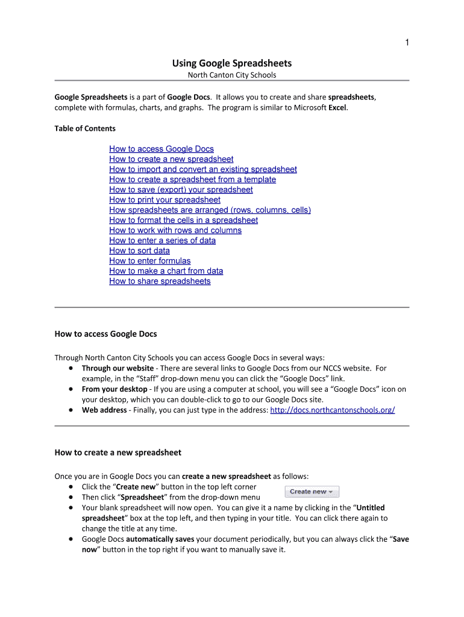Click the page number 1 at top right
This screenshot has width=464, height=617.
pos(407,42)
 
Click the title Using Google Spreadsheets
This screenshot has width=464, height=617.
pos(232,63)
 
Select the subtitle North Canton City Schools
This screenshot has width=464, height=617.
pos(232,75)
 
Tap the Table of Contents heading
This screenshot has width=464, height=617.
pos(85,128)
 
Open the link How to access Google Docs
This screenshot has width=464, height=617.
pos(161,149)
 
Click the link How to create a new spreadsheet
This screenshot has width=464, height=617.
pos(171,159)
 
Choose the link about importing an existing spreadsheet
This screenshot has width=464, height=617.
pos(202,169)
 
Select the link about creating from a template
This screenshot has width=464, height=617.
pos(192,180)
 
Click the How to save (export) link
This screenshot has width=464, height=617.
pos(181,190)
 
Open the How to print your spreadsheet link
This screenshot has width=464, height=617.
pos(165,200)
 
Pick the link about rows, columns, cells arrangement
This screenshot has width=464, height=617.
pos(210,210)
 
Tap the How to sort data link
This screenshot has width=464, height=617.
pos(139,251)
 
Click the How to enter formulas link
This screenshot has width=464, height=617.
pos(149,261)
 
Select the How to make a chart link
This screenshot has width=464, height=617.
pos(166,271)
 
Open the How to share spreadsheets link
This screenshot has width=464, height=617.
pos(160,281)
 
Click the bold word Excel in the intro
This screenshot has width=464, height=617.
pos(337,108)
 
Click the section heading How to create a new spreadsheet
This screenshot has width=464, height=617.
pos(118,452)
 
